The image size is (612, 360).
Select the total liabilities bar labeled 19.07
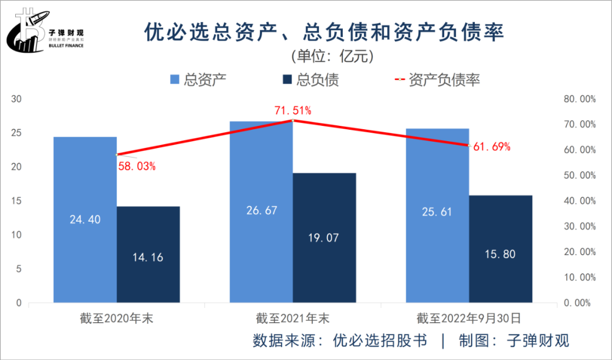pyautogui.click(x=324, y=238)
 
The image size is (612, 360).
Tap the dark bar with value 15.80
pyautogui.click(x=501, y=249)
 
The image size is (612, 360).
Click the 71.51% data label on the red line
pyautogui.click(x=293, y=111)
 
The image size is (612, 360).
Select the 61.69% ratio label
pyautogui.click(x=492, y=147)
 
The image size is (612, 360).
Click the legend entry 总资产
pyautogui.click(x=198, y=79)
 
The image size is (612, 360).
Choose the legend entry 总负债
pyautogui.click(x=311, y=79)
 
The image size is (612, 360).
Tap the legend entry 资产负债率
pyautogui.click(x=436, y=79)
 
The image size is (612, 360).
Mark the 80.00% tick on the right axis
pyautogui.click(x=580, y=99)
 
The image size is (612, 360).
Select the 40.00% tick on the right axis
pyautogui.click(x=580, y=201)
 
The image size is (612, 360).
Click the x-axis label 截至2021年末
pyautogui.click(x=292, y=317)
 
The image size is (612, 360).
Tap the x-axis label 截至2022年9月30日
pyautogui.click(x=469, y=317)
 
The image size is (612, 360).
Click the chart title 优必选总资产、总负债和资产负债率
pyautogui.click(x=324, y=33)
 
